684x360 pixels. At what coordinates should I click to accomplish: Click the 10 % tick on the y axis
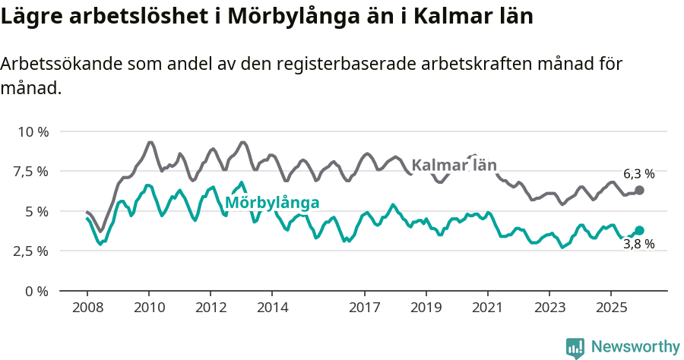33,131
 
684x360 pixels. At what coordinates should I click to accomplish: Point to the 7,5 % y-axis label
30,171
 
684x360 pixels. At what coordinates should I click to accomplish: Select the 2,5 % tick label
30,251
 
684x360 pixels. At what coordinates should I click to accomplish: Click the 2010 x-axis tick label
149,308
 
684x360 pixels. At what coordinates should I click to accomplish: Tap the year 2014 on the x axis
272,308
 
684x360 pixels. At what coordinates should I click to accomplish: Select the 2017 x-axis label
365,308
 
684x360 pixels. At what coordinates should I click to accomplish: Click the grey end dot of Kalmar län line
639,190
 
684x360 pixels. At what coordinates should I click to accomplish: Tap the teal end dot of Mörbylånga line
639,230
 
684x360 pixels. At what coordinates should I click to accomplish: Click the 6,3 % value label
638,174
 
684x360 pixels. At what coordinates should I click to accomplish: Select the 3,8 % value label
638,245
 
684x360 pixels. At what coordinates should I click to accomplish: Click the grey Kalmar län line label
454,165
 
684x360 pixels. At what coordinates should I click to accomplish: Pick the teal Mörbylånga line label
271,203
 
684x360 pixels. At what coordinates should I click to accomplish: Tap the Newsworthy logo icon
575,348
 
